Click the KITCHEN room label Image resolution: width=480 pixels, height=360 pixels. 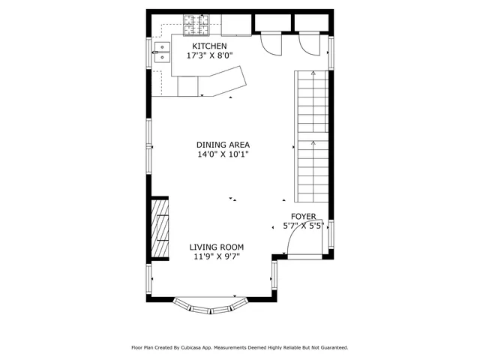pos(209,46)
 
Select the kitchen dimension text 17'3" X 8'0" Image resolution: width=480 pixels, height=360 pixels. pos(209,55)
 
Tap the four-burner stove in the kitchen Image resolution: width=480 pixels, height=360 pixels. pos(197,25)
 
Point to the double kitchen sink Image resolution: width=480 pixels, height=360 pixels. pos(162,51)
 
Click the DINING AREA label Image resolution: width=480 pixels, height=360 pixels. pos(223,145)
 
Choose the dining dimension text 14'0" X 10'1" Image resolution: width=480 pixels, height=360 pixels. pos(223,154)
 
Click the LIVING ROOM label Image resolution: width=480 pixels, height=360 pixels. pos(216,247)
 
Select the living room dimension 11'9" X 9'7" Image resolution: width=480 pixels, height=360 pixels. pos(216,256)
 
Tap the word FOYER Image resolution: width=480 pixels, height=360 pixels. pos(303,216)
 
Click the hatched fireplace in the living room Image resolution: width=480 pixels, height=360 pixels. pos(160,229)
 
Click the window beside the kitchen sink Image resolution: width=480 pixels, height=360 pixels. pos(148,53)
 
